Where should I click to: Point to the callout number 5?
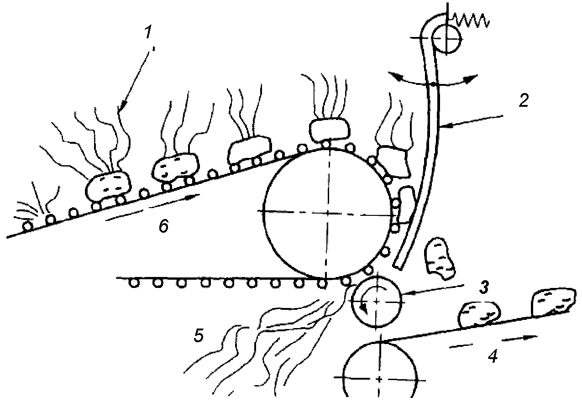coord(198,335)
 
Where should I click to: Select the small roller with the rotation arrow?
coord(377,301)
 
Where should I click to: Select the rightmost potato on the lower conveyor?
coord(553,301)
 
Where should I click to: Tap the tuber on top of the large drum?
coord(328,129)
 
